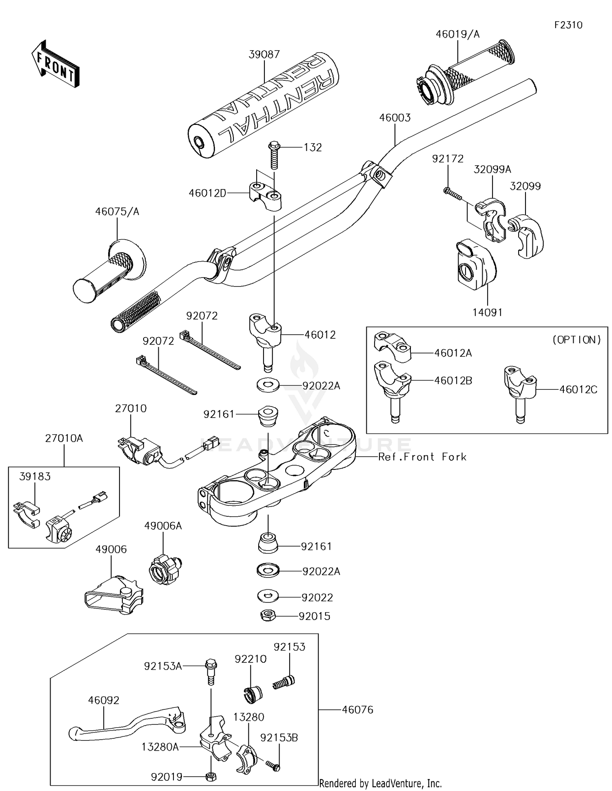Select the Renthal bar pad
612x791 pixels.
265,106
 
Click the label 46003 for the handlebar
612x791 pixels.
395,118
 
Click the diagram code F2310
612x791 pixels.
568,25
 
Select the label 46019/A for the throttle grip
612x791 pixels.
457,34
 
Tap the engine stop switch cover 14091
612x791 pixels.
475,266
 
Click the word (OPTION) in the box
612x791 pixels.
577,340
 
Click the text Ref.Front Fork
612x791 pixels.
422,457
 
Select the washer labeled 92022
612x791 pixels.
268,596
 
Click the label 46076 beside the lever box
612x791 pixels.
357,710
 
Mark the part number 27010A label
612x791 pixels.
64,438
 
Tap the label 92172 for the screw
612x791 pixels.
448,159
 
